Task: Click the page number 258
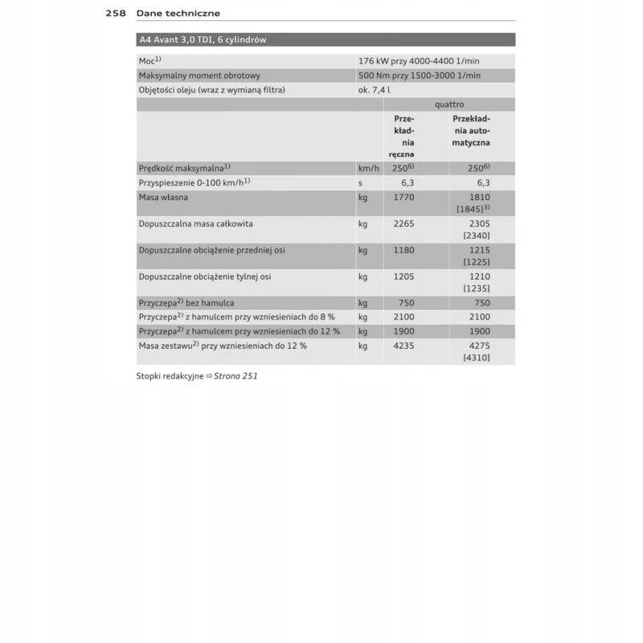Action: pos(116,13)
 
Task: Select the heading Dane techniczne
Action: pos(178,13)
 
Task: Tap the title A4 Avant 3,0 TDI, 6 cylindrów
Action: pos(203,39)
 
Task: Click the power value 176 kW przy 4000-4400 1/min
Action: pos(420,60)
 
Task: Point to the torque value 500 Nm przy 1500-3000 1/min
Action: pos(420,76)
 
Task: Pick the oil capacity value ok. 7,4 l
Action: pos(375,90)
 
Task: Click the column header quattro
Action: pos(449,104)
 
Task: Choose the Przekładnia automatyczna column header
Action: pos(471,130)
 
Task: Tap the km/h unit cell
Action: pos(368,168)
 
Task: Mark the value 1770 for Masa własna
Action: pos(404,197)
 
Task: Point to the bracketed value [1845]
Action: pos(473,209)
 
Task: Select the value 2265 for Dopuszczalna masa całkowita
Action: pos(404,223)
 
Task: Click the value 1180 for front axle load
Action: pos(404,250)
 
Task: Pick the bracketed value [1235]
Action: pos(477,289)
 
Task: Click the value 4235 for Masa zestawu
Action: pos(404,345)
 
